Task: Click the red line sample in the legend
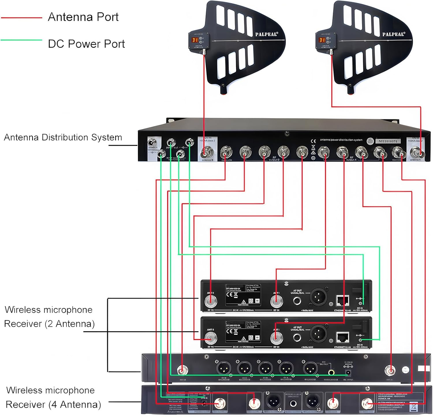(22, 18)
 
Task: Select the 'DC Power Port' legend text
(86, 44)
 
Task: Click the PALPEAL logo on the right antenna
(394, 34)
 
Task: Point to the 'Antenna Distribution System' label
(63, 137)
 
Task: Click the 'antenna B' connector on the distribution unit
(207, 151)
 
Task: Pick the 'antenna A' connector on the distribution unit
(416, 152)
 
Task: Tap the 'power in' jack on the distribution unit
(152, 143)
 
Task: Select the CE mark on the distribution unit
(313, 141)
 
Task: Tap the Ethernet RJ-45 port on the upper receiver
(343, 301)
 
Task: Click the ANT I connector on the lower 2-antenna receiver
(276, 337)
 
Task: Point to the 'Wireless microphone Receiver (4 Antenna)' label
(53, 397)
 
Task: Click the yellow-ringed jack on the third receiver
(331, 372)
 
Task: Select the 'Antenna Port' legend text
(83, 17)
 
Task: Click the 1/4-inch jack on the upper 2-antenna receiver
(297, 301)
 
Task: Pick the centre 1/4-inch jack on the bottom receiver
(293, 403)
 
